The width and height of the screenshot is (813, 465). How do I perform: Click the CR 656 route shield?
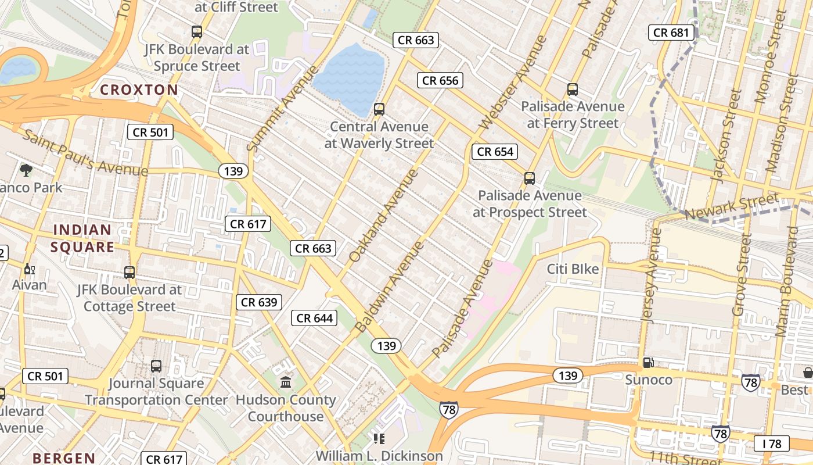tap(440, 81)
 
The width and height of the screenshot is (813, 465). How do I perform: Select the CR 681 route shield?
tap(672, 33)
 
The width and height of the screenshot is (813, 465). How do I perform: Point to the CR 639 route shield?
tap(259, 302)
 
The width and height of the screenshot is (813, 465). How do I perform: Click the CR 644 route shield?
tap(314, 318)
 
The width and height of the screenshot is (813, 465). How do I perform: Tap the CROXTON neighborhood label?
tap(139, 90)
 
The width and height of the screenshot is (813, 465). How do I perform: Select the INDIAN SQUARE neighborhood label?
tap(82, 238)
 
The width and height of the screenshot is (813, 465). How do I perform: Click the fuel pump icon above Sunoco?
tap(648, 363)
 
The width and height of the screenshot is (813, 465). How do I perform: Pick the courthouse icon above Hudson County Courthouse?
tap(286, 382)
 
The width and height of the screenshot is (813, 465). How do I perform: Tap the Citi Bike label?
tap(573, 269)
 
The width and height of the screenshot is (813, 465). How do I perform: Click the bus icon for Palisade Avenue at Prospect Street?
tap(529, 178)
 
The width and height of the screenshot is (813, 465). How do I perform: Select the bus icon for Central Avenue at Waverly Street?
tap(379, 109)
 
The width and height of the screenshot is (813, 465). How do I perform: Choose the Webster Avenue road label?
tap(514, 83)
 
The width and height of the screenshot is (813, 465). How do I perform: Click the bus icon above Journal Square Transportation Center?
tap(156, 366)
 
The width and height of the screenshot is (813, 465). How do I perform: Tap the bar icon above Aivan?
tap(28, 269)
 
